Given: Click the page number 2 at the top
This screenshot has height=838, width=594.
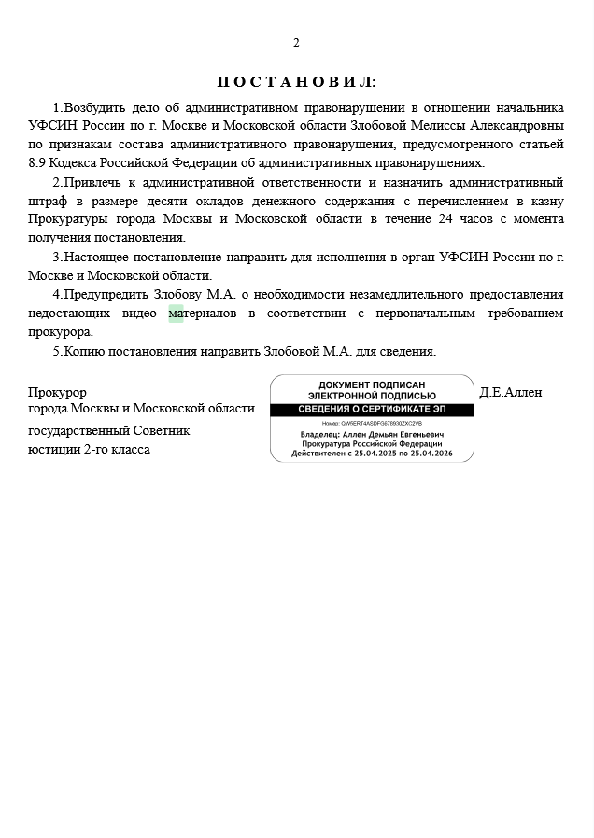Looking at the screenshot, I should [296, 43].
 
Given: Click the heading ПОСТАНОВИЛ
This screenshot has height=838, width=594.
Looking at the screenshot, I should [296, 82].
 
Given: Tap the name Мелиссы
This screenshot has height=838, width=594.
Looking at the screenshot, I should [437, 125].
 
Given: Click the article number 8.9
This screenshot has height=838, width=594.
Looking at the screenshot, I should [37, 162].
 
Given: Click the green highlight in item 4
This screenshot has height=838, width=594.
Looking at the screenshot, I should [176, 314].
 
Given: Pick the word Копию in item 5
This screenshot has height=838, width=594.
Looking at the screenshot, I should [82, 351].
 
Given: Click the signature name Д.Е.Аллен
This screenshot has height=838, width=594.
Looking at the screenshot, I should [510, 392].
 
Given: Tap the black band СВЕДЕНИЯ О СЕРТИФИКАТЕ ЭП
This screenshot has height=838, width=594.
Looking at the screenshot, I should [372, 410].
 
